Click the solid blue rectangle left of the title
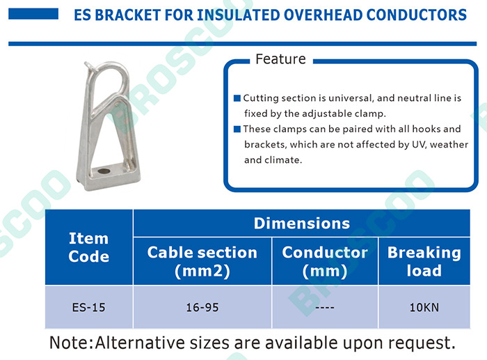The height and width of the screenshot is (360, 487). (33, 14)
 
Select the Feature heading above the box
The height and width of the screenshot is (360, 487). (280, 59)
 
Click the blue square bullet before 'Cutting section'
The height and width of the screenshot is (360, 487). (237, 98)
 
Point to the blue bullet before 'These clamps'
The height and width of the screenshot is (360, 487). (237, 129)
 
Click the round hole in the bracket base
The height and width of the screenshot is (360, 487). (104, 171)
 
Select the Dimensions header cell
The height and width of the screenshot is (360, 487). (301, 224)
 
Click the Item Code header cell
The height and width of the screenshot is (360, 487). (89, 247)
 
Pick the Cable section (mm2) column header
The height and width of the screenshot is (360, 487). (202, 261)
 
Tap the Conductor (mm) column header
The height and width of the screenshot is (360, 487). (325, 261)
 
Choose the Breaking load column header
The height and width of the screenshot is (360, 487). (424, 261)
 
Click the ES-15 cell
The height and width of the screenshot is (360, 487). (89, 308)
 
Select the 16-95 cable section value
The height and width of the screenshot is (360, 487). (202, 308)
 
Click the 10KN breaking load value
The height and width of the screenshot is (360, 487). (424, 308)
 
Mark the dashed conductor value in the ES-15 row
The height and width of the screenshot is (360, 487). (325, 308)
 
